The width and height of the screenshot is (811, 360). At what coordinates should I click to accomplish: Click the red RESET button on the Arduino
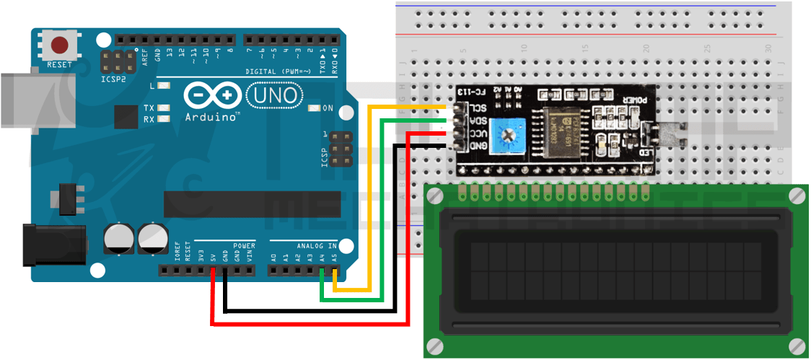click(59, 45)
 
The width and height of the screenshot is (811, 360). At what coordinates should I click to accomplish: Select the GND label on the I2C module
click(477, 146)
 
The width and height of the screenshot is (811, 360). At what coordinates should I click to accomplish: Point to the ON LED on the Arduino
click(314, 108)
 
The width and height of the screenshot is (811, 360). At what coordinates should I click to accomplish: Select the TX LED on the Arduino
click(165, 108)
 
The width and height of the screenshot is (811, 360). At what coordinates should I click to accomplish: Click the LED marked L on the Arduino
click(165, 86)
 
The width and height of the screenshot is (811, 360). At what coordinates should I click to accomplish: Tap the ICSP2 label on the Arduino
click(113, 79)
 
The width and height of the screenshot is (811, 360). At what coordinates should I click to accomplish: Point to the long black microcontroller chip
click(241, 204)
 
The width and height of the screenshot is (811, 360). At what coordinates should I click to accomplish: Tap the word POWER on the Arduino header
click(244, 246)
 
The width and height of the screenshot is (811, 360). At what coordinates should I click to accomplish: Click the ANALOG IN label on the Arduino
click(315, 246)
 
